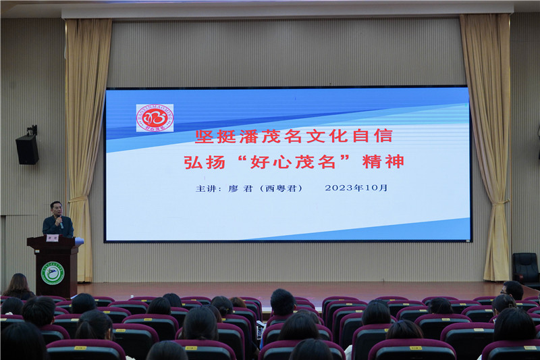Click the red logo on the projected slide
coord(155,118)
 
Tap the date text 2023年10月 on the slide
coord(356,188)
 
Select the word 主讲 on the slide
coord(205,188)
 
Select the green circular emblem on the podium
coord(53,273)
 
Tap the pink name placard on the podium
coord(53,238)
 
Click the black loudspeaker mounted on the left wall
coord(27,148)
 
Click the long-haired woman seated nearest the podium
coord(18,286)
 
